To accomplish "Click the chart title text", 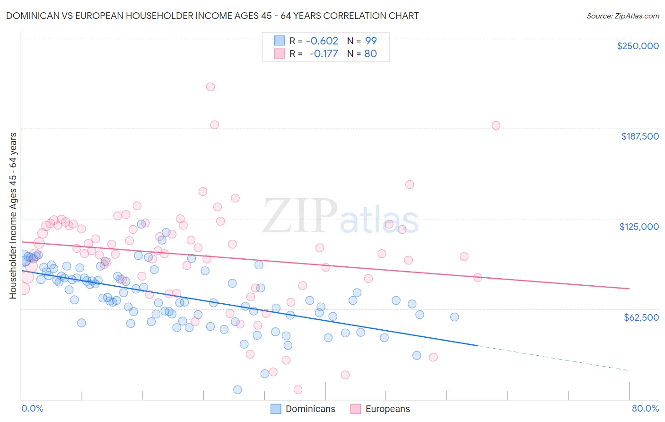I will point(212,16).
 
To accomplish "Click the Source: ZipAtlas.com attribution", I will point(622,16).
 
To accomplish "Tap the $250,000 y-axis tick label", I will point(638,46).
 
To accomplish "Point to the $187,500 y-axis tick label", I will point(639,136).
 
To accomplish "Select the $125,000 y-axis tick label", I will point(639,227).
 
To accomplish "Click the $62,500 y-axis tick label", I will point(641,317).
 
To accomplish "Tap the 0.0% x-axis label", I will point(32,408).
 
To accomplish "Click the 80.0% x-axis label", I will point(645,408).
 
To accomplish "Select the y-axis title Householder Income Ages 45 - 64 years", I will point(13,216).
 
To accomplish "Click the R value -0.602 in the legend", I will point(322,41).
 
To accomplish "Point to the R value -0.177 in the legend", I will point(324,54).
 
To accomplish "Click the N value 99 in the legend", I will point(371,41).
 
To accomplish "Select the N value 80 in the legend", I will point(370,54).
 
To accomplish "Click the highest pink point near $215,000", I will point(210,87).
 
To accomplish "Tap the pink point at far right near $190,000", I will point(496,125).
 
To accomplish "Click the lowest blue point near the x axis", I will point(237,390).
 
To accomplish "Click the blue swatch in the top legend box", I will point(280,41).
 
